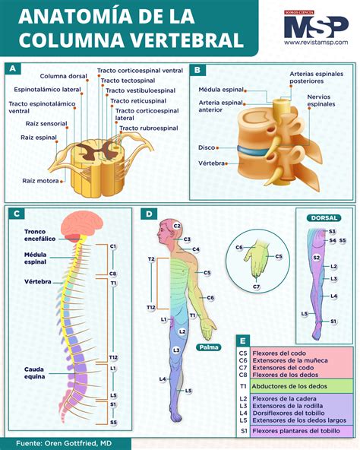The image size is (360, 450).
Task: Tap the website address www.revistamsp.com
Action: (316, 43)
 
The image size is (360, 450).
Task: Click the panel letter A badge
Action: (13, 69)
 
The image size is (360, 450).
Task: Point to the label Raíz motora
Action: (39, 181)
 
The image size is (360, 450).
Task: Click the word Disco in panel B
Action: (207, 147)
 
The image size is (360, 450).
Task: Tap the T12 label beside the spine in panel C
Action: (113, 357)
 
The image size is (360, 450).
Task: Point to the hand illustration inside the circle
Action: (259, 258)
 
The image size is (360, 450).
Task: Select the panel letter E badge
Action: (241, 341)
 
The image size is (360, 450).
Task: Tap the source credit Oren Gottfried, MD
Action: (65, 442)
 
